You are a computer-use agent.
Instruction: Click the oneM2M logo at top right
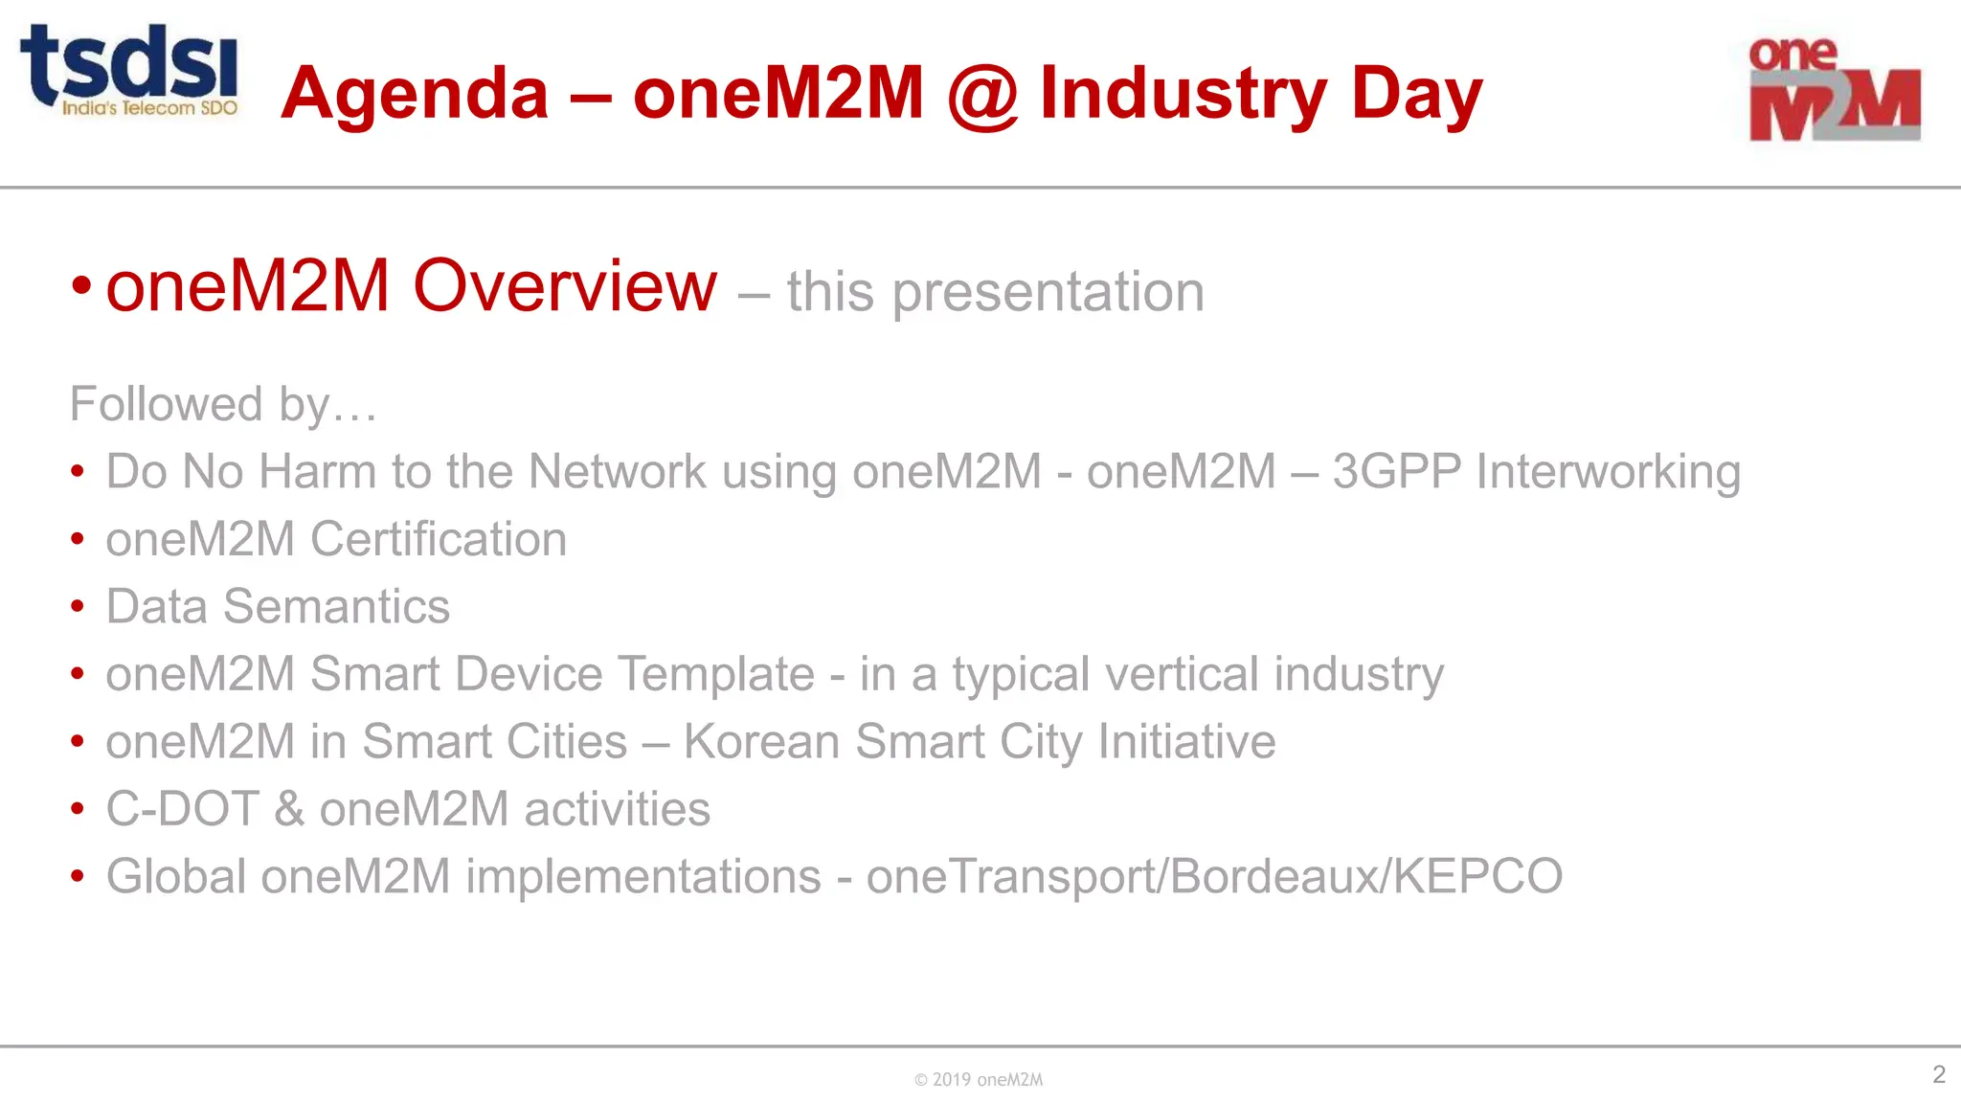[1834, 90]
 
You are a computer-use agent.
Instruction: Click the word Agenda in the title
[415, 94]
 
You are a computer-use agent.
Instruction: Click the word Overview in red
[564, 286]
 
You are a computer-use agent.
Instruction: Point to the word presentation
[1048, 292]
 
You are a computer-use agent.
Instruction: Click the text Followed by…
[223, 404]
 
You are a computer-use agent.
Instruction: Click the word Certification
[439, 539]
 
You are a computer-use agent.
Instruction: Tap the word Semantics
[336, 607]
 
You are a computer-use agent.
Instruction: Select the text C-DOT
[182, 809]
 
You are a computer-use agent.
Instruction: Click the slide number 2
[1938, 1074]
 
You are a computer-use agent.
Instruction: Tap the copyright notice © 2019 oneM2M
[978, 1080]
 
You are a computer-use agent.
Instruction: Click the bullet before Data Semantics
[78, 607]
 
